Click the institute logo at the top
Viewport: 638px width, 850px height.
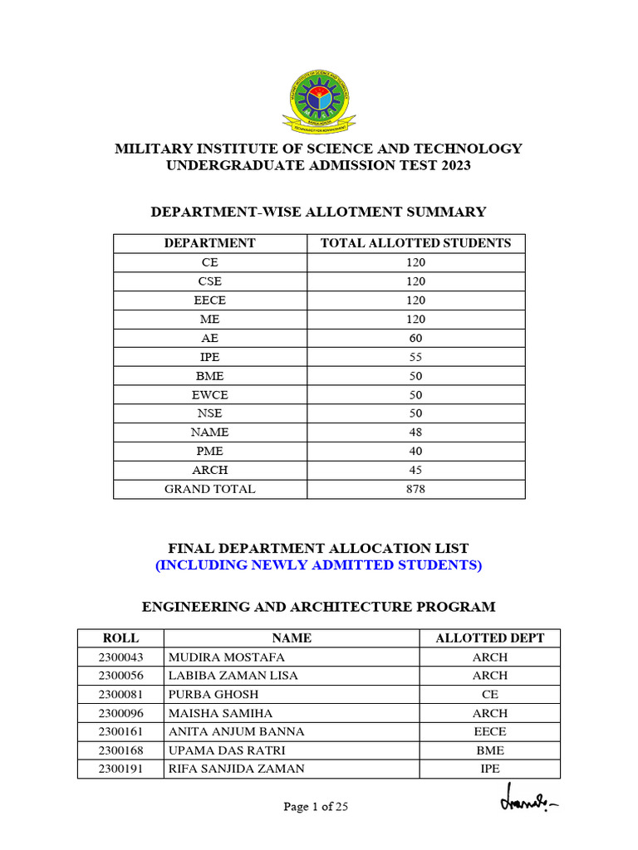[319, 101]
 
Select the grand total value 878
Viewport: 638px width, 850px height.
[416, 489]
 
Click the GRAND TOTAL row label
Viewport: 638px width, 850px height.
[210, 489]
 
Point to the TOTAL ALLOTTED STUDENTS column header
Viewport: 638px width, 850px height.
[416, 243]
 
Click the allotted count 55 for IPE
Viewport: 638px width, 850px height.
[416, 357]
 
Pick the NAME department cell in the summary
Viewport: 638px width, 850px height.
[210, 432]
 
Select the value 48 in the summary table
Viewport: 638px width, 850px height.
[416, 432]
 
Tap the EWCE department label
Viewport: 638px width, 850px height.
[210, 394]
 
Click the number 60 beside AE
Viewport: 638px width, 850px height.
[416, 338]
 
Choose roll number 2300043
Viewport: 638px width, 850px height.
[120, 657]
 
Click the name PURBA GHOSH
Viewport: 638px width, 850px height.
[213, 694]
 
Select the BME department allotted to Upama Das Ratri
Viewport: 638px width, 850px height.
[490, 750]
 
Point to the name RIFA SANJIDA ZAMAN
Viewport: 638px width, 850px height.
[236, 769]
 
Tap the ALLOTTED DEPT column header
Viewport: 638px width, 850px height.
[490, 637]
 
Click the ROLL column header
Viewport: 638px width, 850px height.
[120, 637]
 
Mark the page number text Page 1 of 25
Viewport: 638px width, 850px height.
[316, 807]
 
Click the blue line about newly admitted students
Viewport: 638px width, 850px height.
[319, 565]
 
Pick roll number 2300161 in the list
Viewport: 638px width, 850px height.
[120, 731]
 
